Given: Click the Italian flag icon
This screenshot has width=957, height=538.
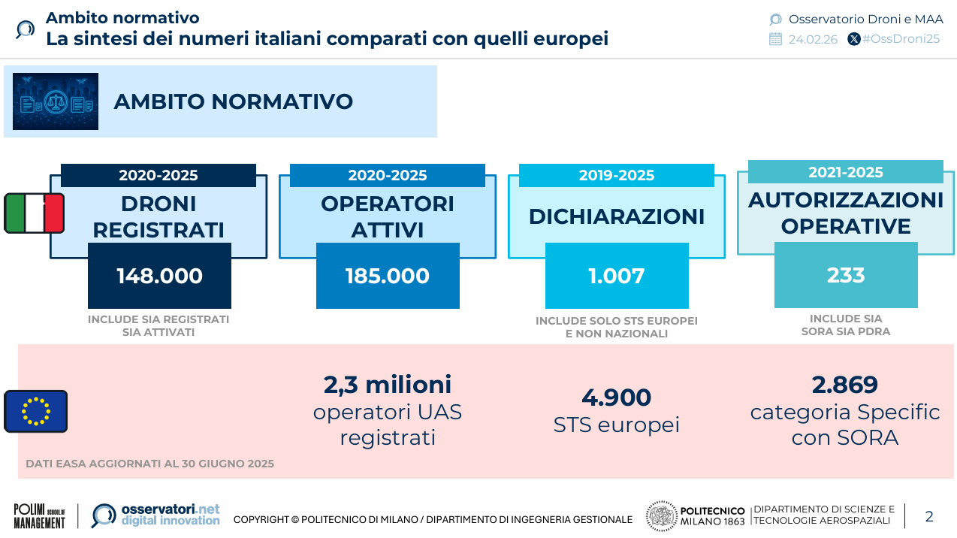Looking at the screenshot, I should click(x=35, y=213).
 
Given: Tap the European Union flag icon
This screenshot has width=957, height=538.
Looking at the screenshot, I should click(x=35, y=411).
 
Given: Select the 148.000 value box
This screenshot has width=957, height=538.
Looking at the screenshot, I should click(x=159, y=276).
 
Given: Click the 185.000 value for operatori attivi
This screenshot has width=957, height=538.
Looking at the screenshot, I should click(x=388, y=276).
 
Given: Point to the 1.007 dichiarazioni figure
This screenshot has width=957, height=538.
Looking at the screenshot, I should click(x=617, y=276).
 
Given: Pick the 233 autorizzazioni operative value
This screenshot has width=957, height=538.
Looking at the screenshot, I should click(x=846, y=275).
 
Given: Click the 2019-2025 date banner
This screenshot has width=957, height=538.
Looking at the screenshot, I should click(x=617, y=176).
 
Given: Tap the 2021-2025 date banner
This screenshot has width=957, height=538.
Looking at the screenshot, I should click(x=846, y=172).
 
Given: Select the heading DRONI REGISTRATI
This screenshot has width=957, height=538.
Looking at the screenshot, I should click(x=158, y=216).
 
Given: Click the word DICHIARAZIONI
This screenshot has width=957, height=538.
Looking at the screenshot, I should click(x=617, y=216).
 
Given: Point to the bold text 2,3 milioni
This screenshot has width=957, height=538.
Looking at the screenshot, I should click(x=388, y=385).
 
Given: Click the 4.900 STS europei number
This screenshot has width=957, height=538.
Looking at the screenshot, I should click(x=617, y=397).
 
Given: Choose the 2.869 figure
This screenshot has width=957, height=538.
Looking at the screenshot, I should click(x=845, y=385).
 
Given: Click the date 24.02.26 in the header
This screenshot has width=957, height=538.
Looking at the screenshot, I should click(x=813, y=40).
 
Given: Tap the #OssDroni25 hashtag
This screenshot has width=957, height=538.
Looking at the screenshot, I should click(x=901, y=39).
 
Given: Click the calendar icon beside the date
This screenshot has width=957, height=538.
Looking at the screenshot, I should click(x=776, y=40).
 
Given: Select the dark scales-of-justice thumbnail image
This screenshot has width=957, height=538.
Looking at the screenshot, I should click(x=56, y=101).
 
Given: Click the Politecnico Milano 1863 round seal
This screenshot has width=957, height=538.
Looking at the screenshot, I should click(x=661, y=516).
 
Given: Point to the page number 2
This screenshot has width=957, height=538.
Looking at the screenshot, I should click(x=929, y=516).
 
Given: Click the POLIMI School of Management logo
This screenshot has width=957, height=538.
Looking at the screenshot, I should click(x=40, y=516).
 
